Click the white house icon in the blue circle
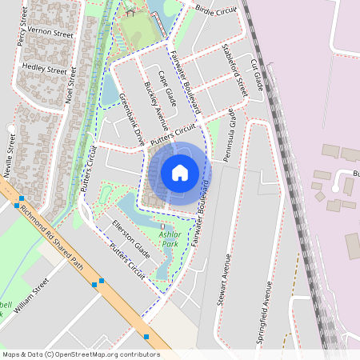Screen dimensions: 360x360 click(180, 173)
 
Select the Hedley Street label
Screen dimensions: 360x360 click(45, 70)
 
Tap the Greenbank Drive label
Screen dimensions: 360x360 click(131, 118)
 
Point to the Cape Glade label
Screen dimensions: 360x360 click(166, 87)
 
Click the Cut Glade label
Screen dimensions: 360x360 click(257, 74)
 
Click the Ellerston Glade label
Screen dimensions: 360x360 click(131, 233)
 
